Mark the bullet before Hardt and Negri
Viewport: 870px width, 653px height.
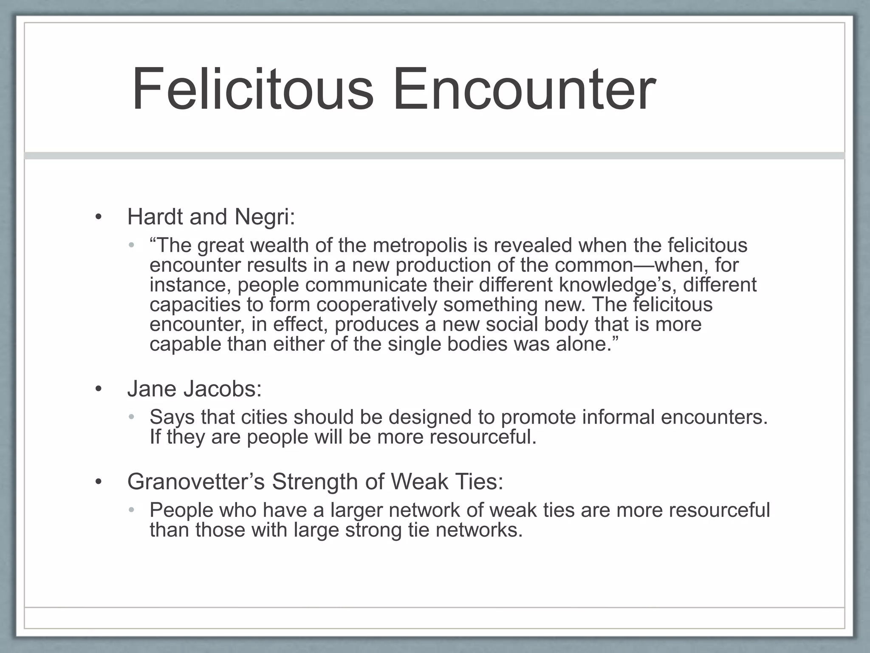tap(99, 217)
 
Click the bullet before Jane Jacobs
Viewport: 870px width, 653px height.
tap(99, 389)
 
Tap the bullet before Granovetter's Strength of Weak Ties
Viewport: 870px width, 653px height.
tap(99, 482)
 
